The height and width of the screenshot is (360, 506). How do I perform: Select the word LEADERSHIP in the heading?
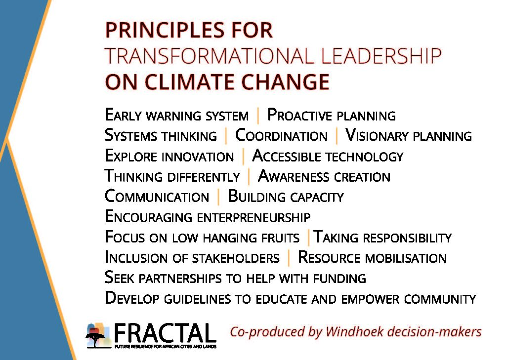(x=381, y=56)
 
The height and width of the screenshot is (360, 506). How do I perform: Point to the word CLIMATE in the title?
(x=189, y=81)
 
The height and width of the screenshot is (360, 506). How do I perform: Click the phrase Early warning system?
(x=176, y=115)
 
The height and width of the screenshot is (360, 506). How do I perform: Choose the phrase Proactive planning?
(x=332, y=115)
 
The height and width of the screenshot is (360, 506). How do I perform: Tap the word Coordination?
(x=281, y=135)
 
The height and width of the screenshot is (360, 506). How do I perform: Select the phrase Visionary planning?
(x=408, y=135)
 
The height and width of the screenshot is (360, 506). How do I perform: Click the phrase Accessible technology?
(x=328, y=156)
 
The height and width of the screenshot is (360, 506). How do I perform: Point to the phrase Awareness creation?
(x=324, y=176)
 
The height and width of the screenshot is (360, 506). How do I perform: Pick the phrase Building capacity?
(x=286, y=197)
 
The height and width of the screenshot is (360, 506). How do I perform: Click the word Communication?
(x=157, y=197)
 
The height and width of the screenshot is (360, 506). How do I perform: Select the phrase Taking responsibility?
(x=382, y=238)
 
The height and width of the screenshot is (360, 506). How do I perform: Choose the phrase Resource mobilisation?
(x=372, y=258)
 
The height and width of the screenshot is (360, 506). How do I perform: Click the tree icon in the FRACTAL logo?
(x=95, y=339)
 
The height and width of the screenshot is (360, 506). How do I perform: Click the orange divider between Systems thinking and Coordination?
(x=226, y=136)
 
